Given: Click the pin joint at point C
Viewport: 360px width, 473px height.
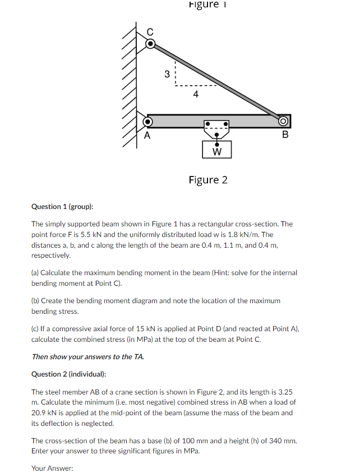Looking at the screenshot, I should pos(149,44).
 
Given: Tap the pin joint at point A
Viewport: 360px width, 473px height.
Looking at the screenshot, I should pos(148,121).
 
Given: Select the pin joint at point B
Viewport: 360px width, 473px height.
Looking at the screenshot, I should pos(284,121).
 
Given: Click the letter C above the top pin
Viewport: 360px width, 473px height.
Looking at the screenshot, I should pos(150,31).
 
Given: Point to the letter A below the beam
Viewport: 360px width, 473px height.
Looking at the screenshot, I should pos(147,135).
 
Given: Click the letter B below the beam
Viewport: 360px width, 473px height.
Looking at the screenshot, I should pos(285,135).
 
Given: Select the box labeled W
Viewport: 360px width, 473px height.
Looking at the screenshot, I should pos(216,150).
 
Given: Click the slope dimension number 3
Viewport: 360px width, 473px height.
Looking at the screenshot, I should pos(167,73).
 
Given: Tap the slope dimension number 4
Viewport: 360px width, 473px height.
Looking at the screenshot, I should pos(195,94).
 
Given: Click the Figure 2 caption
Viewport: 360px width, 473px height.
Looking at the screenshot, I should pos(208,180).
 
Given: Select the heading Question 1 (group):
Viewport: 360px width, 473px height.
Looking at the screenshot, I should pos(62,207).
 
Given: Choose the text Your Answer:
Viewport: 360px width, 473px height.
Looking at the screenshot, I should pos(52,468).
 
